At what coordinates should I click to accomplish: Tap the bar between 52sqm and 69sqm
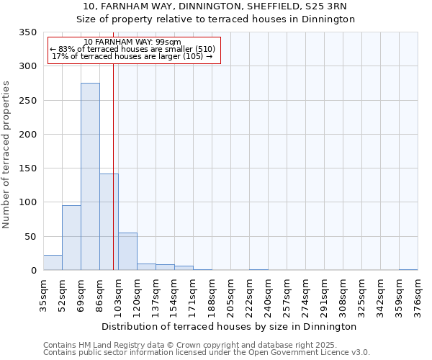[x=71, y=238]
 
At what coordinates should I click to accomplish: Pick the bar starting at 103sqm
[x=127, y=251]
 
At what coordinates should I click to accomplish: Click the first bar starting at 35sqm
[x=53, y=262]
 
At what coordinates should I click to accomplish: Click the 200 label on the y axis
[x=28, y=135]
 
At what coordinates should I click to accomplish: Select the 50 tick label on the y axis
[x=30, y=237]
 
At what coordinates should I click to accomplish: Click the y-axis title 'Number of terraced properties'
[x=6, y=155]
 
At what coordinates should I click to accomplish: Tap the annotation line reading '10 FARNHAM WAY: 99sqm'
[x=132, y=42]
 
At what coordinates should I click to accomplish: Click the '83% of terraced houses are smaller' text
[x=132, y=49]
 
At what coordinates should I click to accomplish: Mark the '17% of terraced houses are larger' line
[x=132, y=56]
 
